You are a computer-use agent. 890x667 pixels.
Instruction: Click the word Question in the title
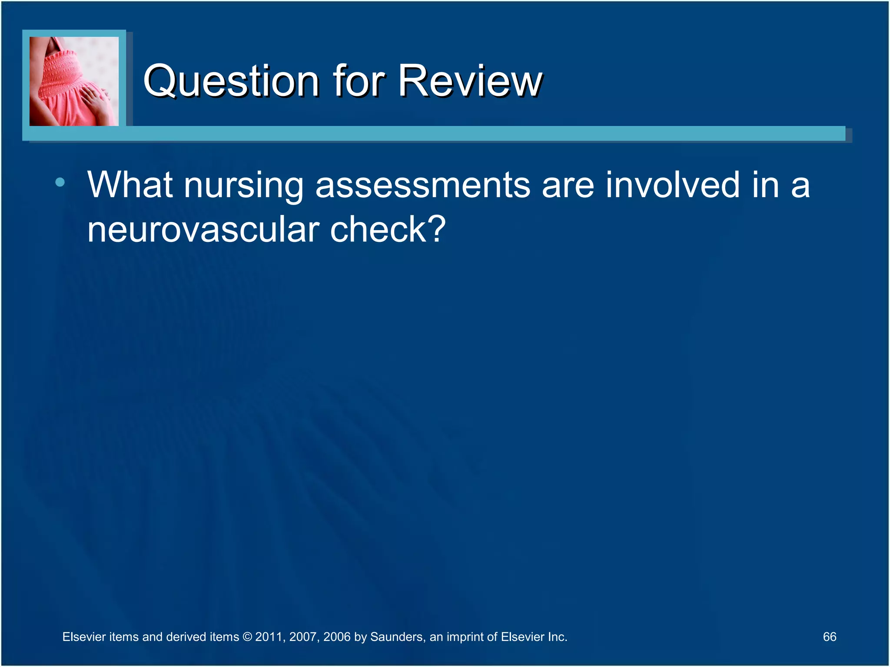pos(231,81)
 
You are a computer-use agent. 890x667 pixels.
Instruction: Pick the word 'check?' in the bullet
pos(388,229)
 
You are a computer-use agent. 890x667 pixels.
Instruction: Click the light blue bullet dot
pos(60,182)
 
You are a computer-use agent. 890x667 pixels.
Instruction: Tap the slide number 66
pos(829,637)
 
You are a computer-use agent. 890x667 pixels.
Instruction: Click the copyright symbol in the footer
pos(247,637)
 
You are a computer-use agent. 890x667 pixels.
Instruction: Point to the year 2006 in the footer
pos(336,637)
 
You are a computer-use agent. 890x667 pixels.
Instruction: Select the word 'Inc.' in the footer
pos(557,637)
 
